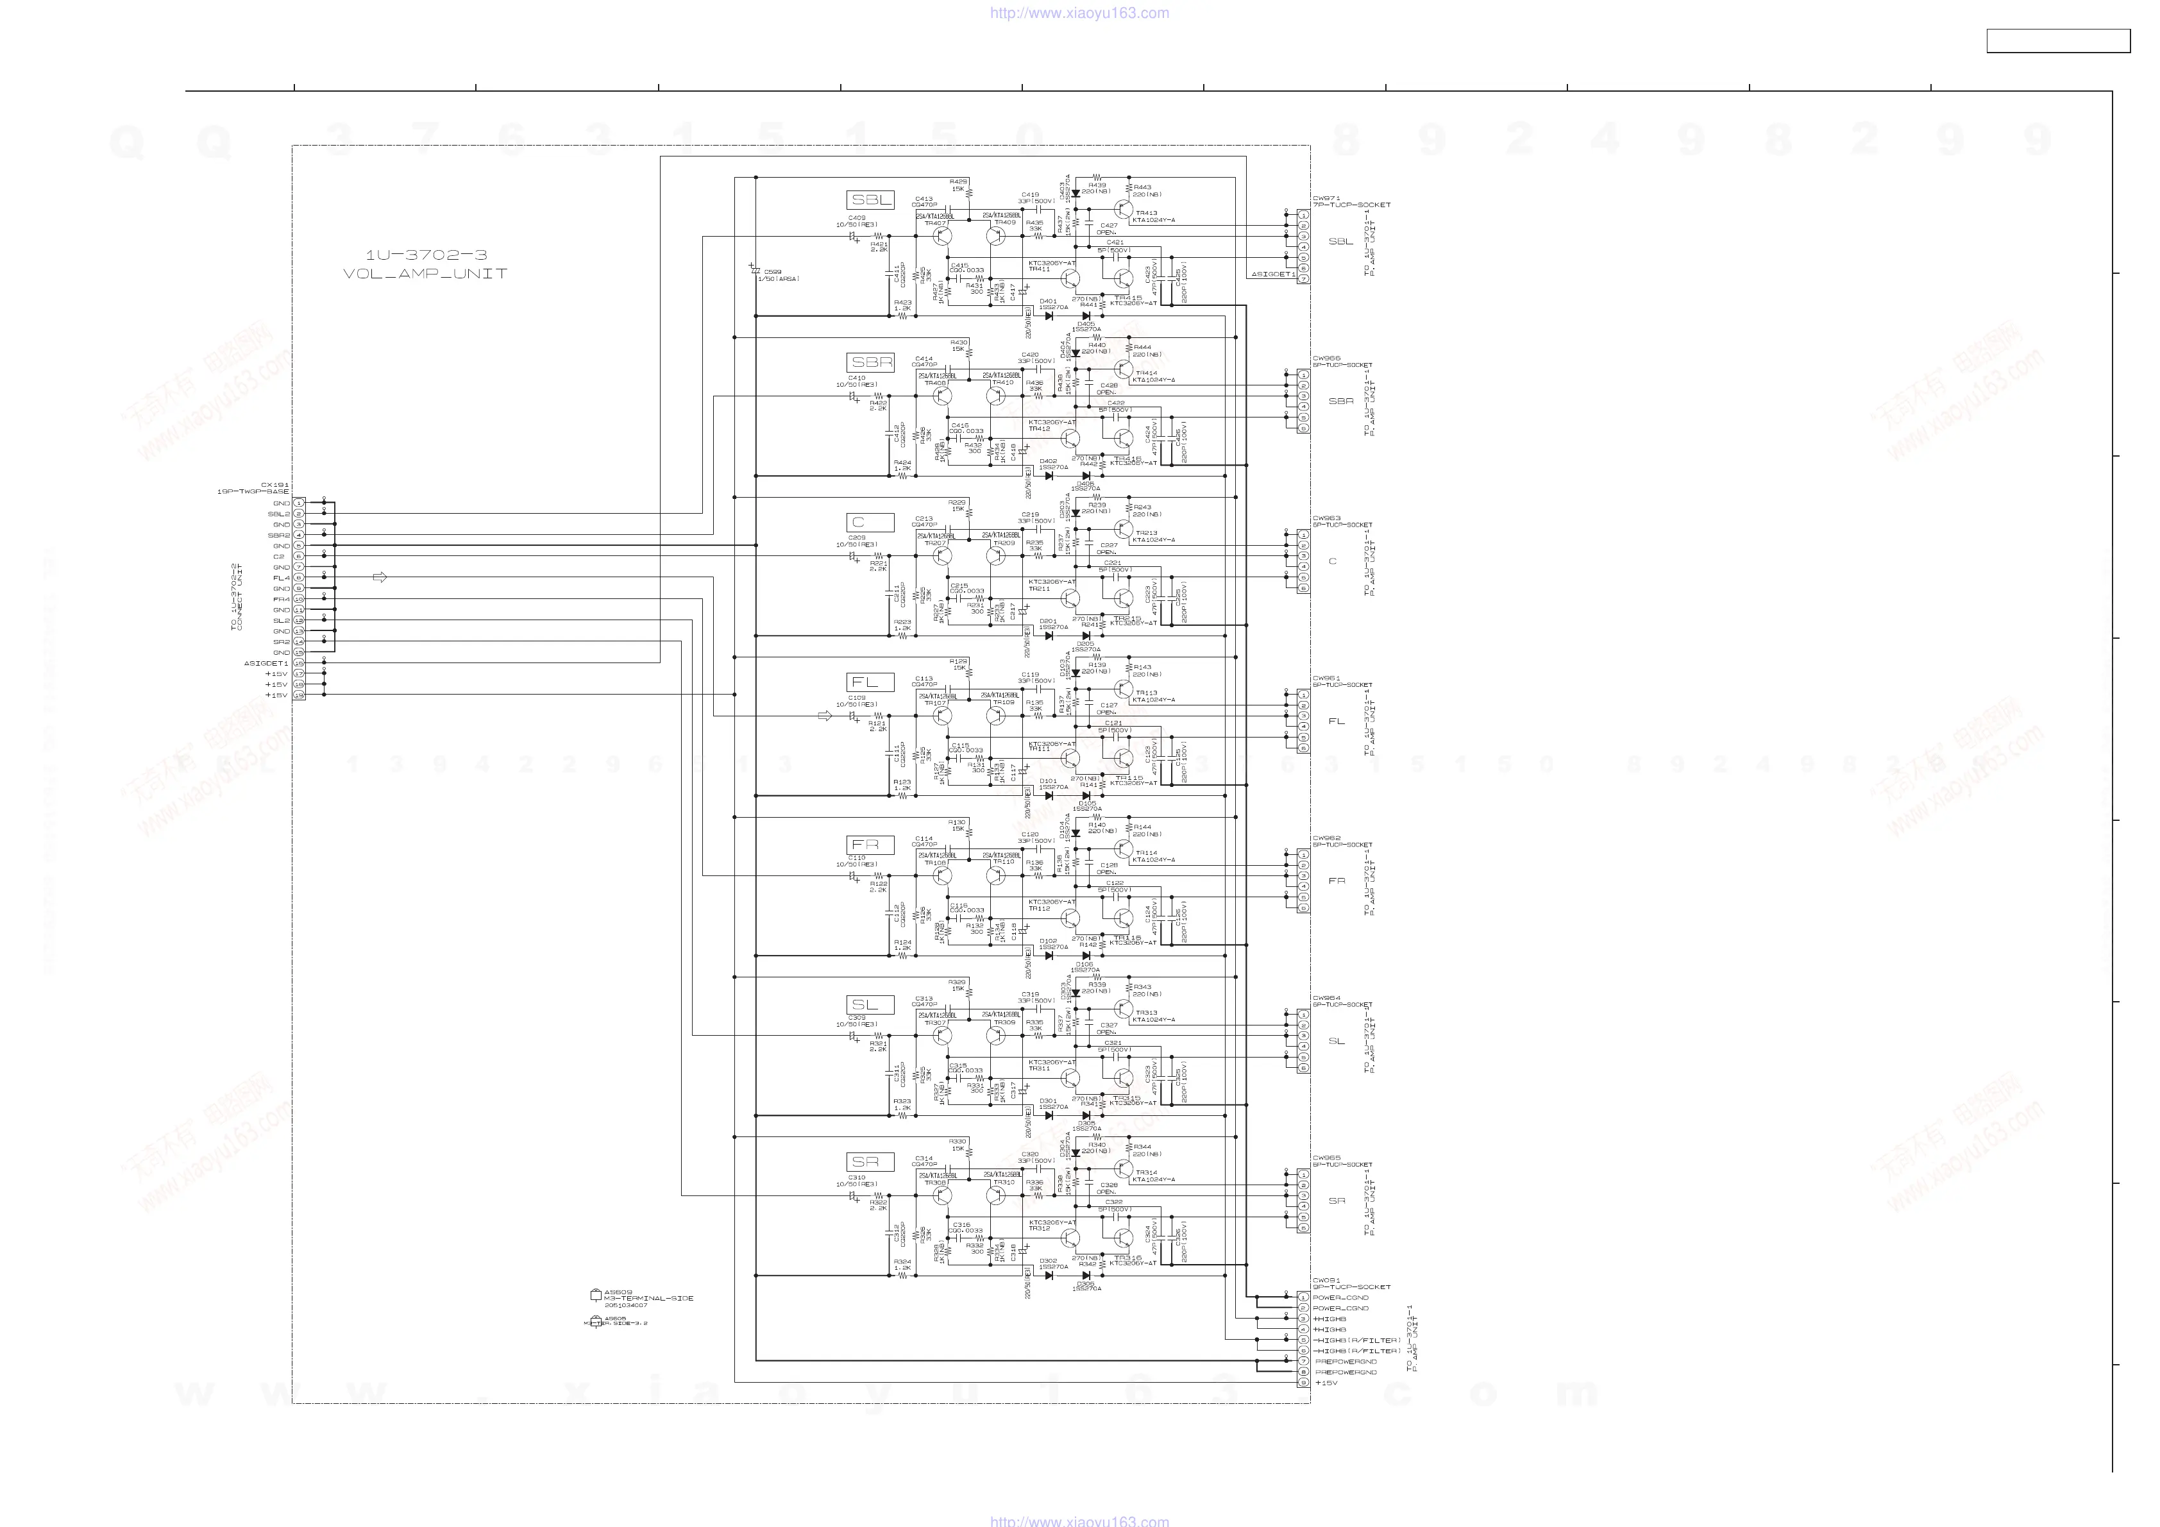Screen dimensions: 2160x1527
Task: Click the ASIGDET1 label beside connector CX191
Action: [266, 663]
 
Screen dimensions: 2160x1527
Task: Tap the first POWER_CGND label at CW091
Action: [1340, 1297]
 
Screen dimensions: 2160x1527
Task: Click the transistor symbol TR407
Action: [943, 236]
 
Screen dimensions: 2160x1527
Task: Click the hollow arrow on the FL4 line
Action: [380, 578]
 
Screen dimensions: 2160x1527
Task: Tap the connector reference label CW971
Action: [1326, 199]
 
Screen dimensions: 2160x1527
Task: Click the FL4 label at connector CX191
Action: [282, 578]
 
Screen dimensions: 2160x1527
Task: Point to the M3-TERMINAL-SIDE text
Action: [648, 1299]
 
